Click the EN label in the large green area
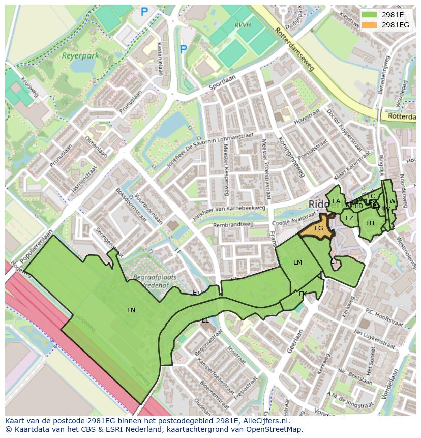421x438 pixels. tap(131, 310)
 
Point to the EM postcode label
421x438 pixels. tap(297, 262)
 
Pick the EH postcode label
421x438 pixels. tap(370, 223)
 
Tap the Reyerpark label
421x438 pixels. tap(80, 56)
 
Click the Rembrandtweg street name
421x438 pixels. tap(233, 224)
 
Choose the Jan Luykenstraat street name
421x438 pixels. tap(374, 339)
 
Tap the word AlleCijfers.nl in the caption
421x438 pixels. tap(264, 421)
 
